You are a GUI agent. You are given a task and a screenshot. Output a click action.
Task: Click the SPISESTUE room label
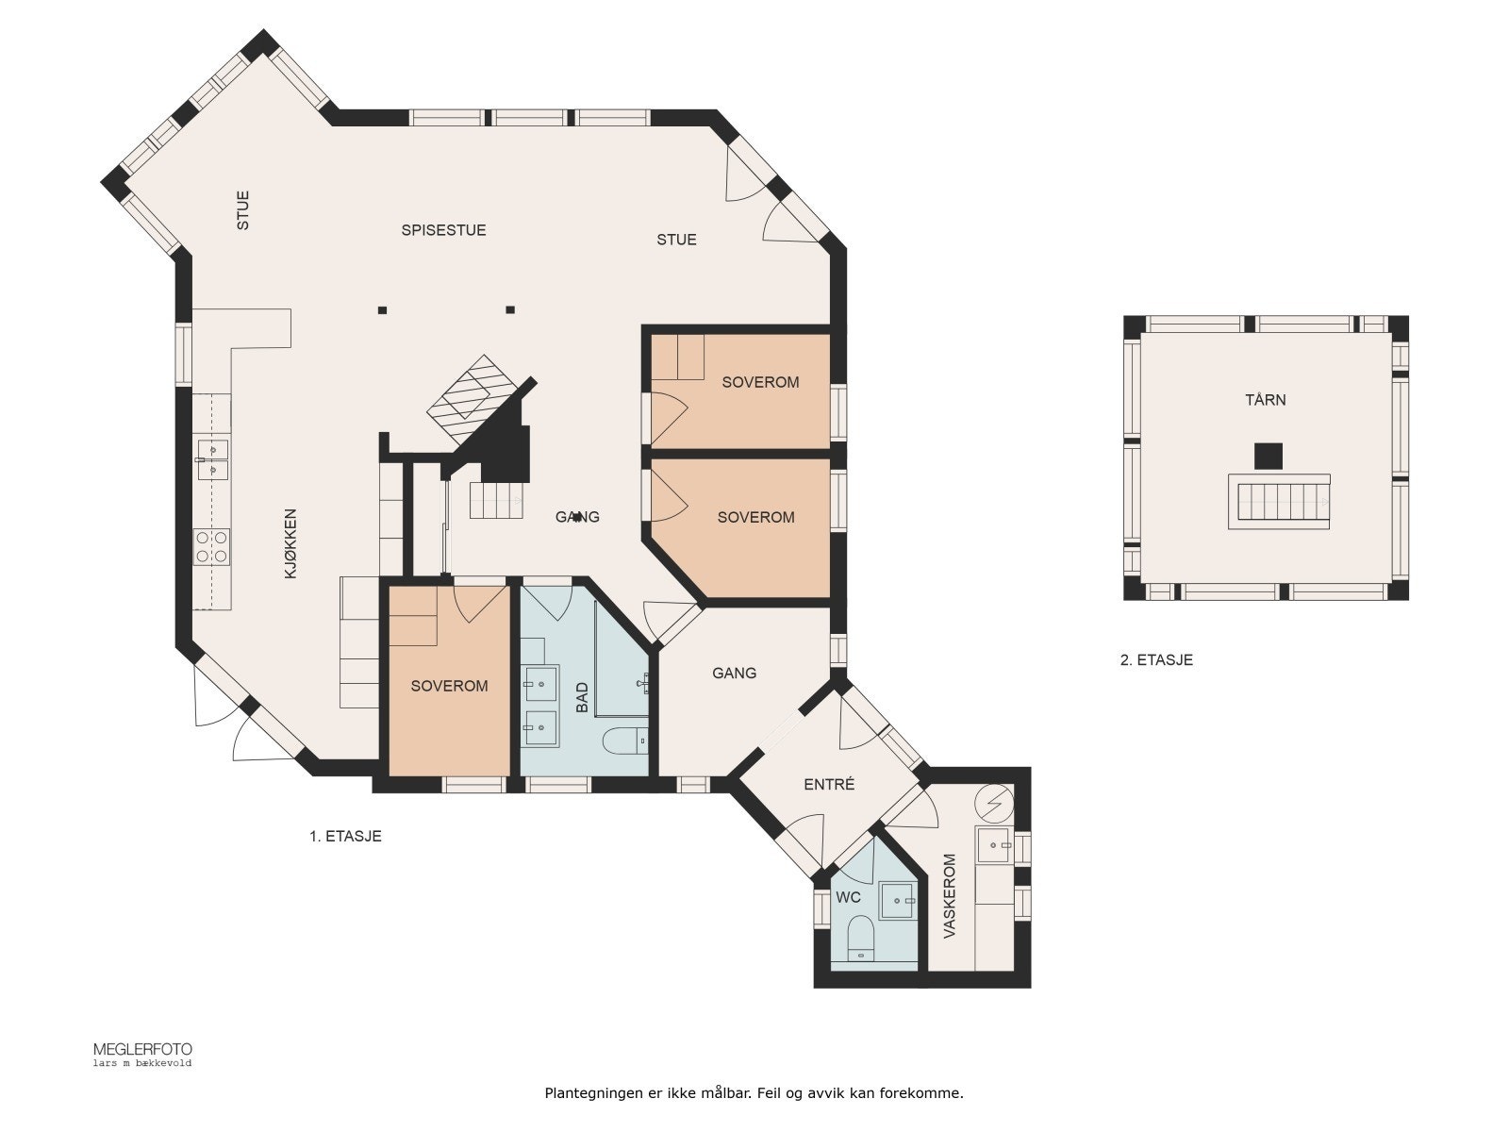pos(443,230)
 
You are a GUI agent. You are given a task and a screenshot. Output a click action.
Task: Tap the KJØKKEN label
pos(290,543)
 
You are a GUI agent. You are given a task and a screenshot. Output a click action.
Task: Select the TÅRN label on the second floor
pos(1266,399)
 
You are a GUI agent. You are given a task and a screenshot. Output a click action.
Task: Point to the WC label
pos(848,897)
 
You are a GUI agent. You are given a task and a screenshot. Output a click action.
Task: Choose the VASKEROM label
pos(950,895)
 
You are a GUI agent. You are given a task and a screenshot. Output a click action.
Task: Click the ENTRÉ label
pos(829,784)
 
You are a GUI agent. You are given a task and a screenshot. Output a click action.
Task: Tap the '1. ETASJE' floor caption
pos(345,836)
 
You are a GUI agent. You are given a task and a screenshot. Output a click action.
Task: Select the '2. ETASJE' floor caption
pos(1156,659)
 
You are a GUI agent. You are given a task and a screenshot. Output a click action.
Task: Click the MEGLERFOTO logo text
pos(143,1050)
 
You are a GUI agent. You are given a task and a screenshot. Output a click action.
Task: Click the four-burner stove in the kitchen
pos(212,547)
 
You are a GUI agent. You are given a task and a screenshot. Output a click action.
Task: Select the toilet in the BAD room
pos(625,741)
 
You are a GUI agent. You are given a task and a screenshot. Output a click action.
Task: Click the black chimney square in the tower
pos(1269,457)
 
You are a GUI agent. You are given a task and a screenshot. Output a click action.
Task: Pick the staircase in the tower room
pos(1279,502)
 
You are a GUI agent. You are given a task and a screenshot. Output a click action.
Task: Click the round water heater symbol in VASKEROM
pos(994,804)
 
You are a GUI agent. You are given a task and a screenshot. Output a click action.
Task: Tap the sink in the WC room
pos(898,900)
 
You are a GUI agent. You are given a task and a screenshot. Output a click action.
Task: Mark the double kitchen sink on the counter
pos(212,459)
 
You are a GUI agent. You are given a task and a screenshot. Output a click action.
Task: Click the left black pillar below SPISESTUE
pos(382,310)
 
